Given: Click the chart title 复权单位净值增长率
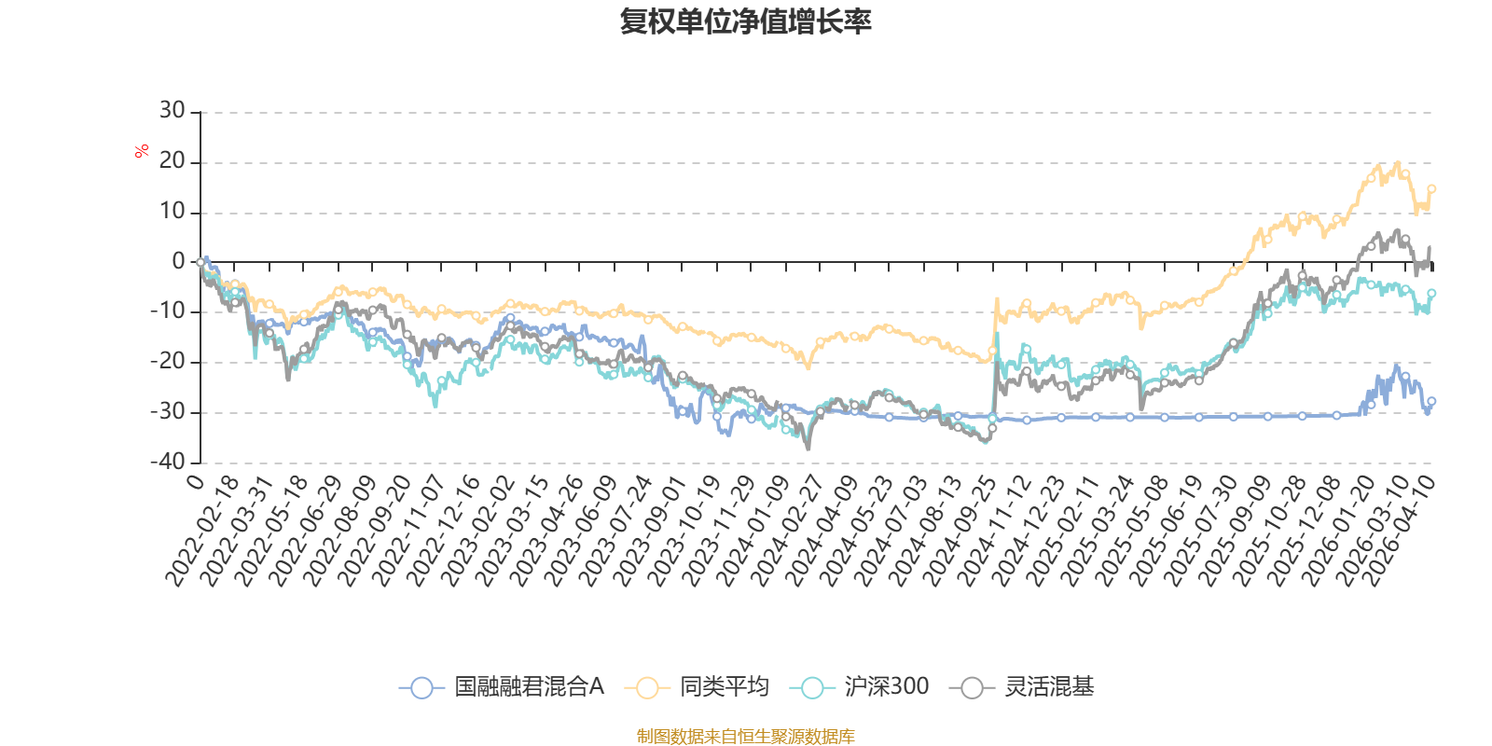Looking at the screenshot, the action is tap(745, 22).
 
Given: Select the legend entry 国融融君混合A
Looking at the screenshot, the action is tap(502, 686).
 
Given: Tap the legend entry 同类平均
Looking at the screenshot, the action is tap(697, 686).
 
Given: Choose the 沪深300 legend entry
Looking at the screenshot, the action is tap(859, 686).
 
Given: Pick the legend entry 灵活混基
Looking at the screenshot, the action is tap(1022, 686).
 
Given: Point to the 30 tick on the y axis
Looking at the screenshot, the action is tap(172, 110).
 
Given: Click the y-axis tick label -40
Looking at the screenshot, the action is tap(167, 462).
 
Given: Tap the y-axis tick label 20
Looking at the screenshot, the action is tap(172, 160).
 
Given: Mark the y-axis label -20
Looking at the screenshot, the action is tap(167, 361).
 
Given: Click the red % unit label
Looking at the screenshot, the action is tap(141, 151).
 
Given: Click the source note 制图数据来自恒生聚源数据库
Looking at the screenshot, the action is tap(745, 736).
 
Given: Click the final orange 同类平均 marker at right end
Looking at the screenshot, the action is tap(1431, 189).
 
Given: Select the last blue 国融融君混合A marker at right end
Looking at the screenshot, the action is tap(1431, 402).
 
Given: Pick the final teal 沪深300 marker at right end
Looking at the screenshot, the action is tap(1431, 293).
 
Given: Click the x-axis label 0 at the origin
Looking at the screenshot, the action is tap(196, 481).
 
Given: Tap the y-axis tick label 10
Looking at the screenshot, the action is tap(172, 211).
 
